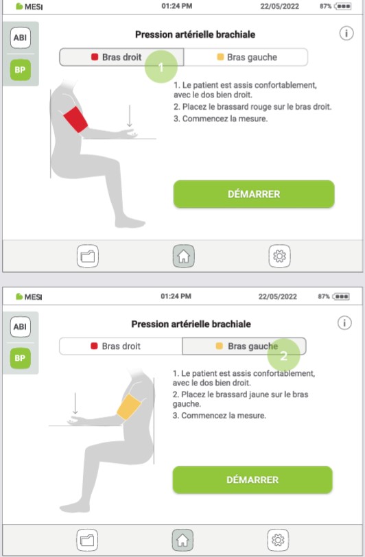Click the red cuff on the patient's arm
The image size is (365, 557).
(x=75, y=120)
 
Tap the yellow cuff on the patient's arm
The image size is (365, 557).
(x=128, y=406)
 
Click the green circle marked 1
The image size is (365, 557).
(x=161, y=67)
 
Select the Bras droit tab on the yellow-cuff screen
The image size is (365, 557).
(x=121, y=346)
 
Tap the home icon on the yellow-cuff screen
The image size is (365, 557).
(x=182, y=538)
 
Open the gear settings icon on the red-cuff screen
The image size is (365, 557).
(x=279, y=256)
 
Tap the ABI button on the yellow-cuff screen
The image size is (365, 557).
(x=20, y=328)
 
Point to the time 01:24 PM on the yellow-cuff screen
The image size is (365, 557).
(x=176, y=296)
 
